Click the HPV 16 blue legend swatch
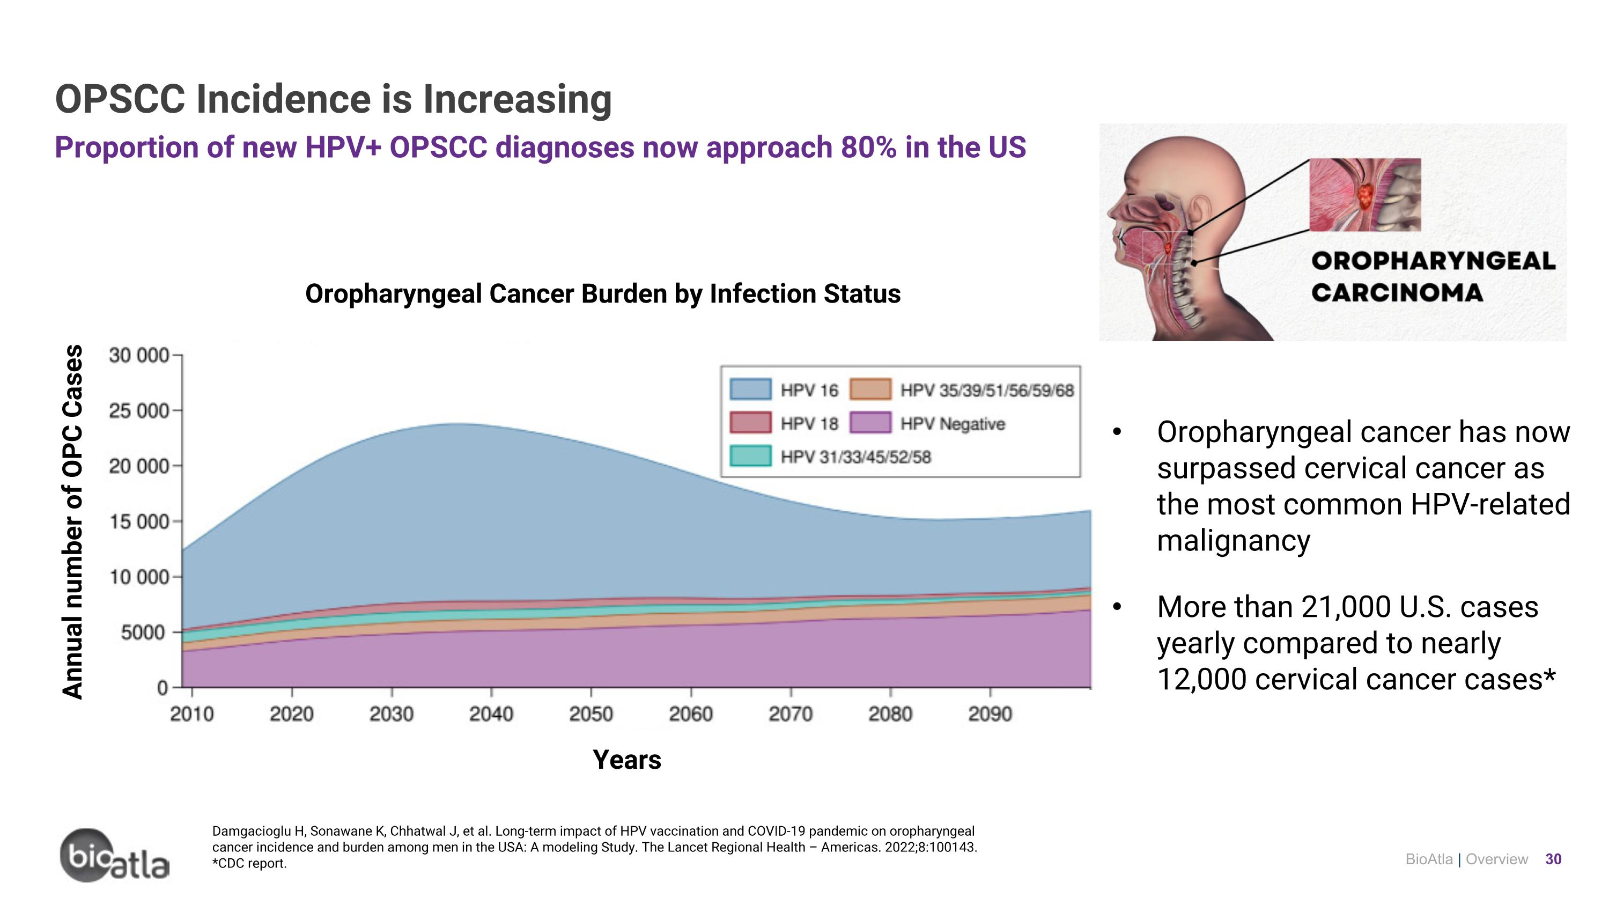(x=750, y=389)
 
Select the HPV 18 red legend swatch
(x=750, y=423)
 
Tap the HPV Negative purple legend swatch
(x=870, y=423)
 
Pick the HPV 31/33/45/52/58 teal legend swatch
(x=750, y=456)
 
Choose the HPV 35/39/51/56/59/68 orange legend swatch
(x=870, y=389)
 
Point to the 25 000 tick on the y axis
(x=139, y=411)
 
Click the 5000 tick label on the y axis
(x=143, y=632)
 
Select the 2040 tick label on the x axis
(x=491, y=714)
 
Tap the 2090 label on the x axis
(x=990, y=714)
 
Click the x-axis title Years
(x=626, y=760)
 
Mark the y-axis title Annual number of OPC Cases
(x=73, y=521)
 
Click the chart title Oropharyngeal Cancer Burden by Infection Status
(x=603, y=293)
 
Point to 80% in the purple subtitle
(x=868, y=148)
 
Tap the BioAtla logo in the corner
(x=114, y=856)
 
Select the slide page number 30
(x=1553, y=859)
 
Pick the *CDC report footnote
(x=249, y=864)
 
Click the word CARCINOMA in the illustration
(x=1397, y=293)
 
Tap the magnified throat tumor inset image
(x=1365, y=195)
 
